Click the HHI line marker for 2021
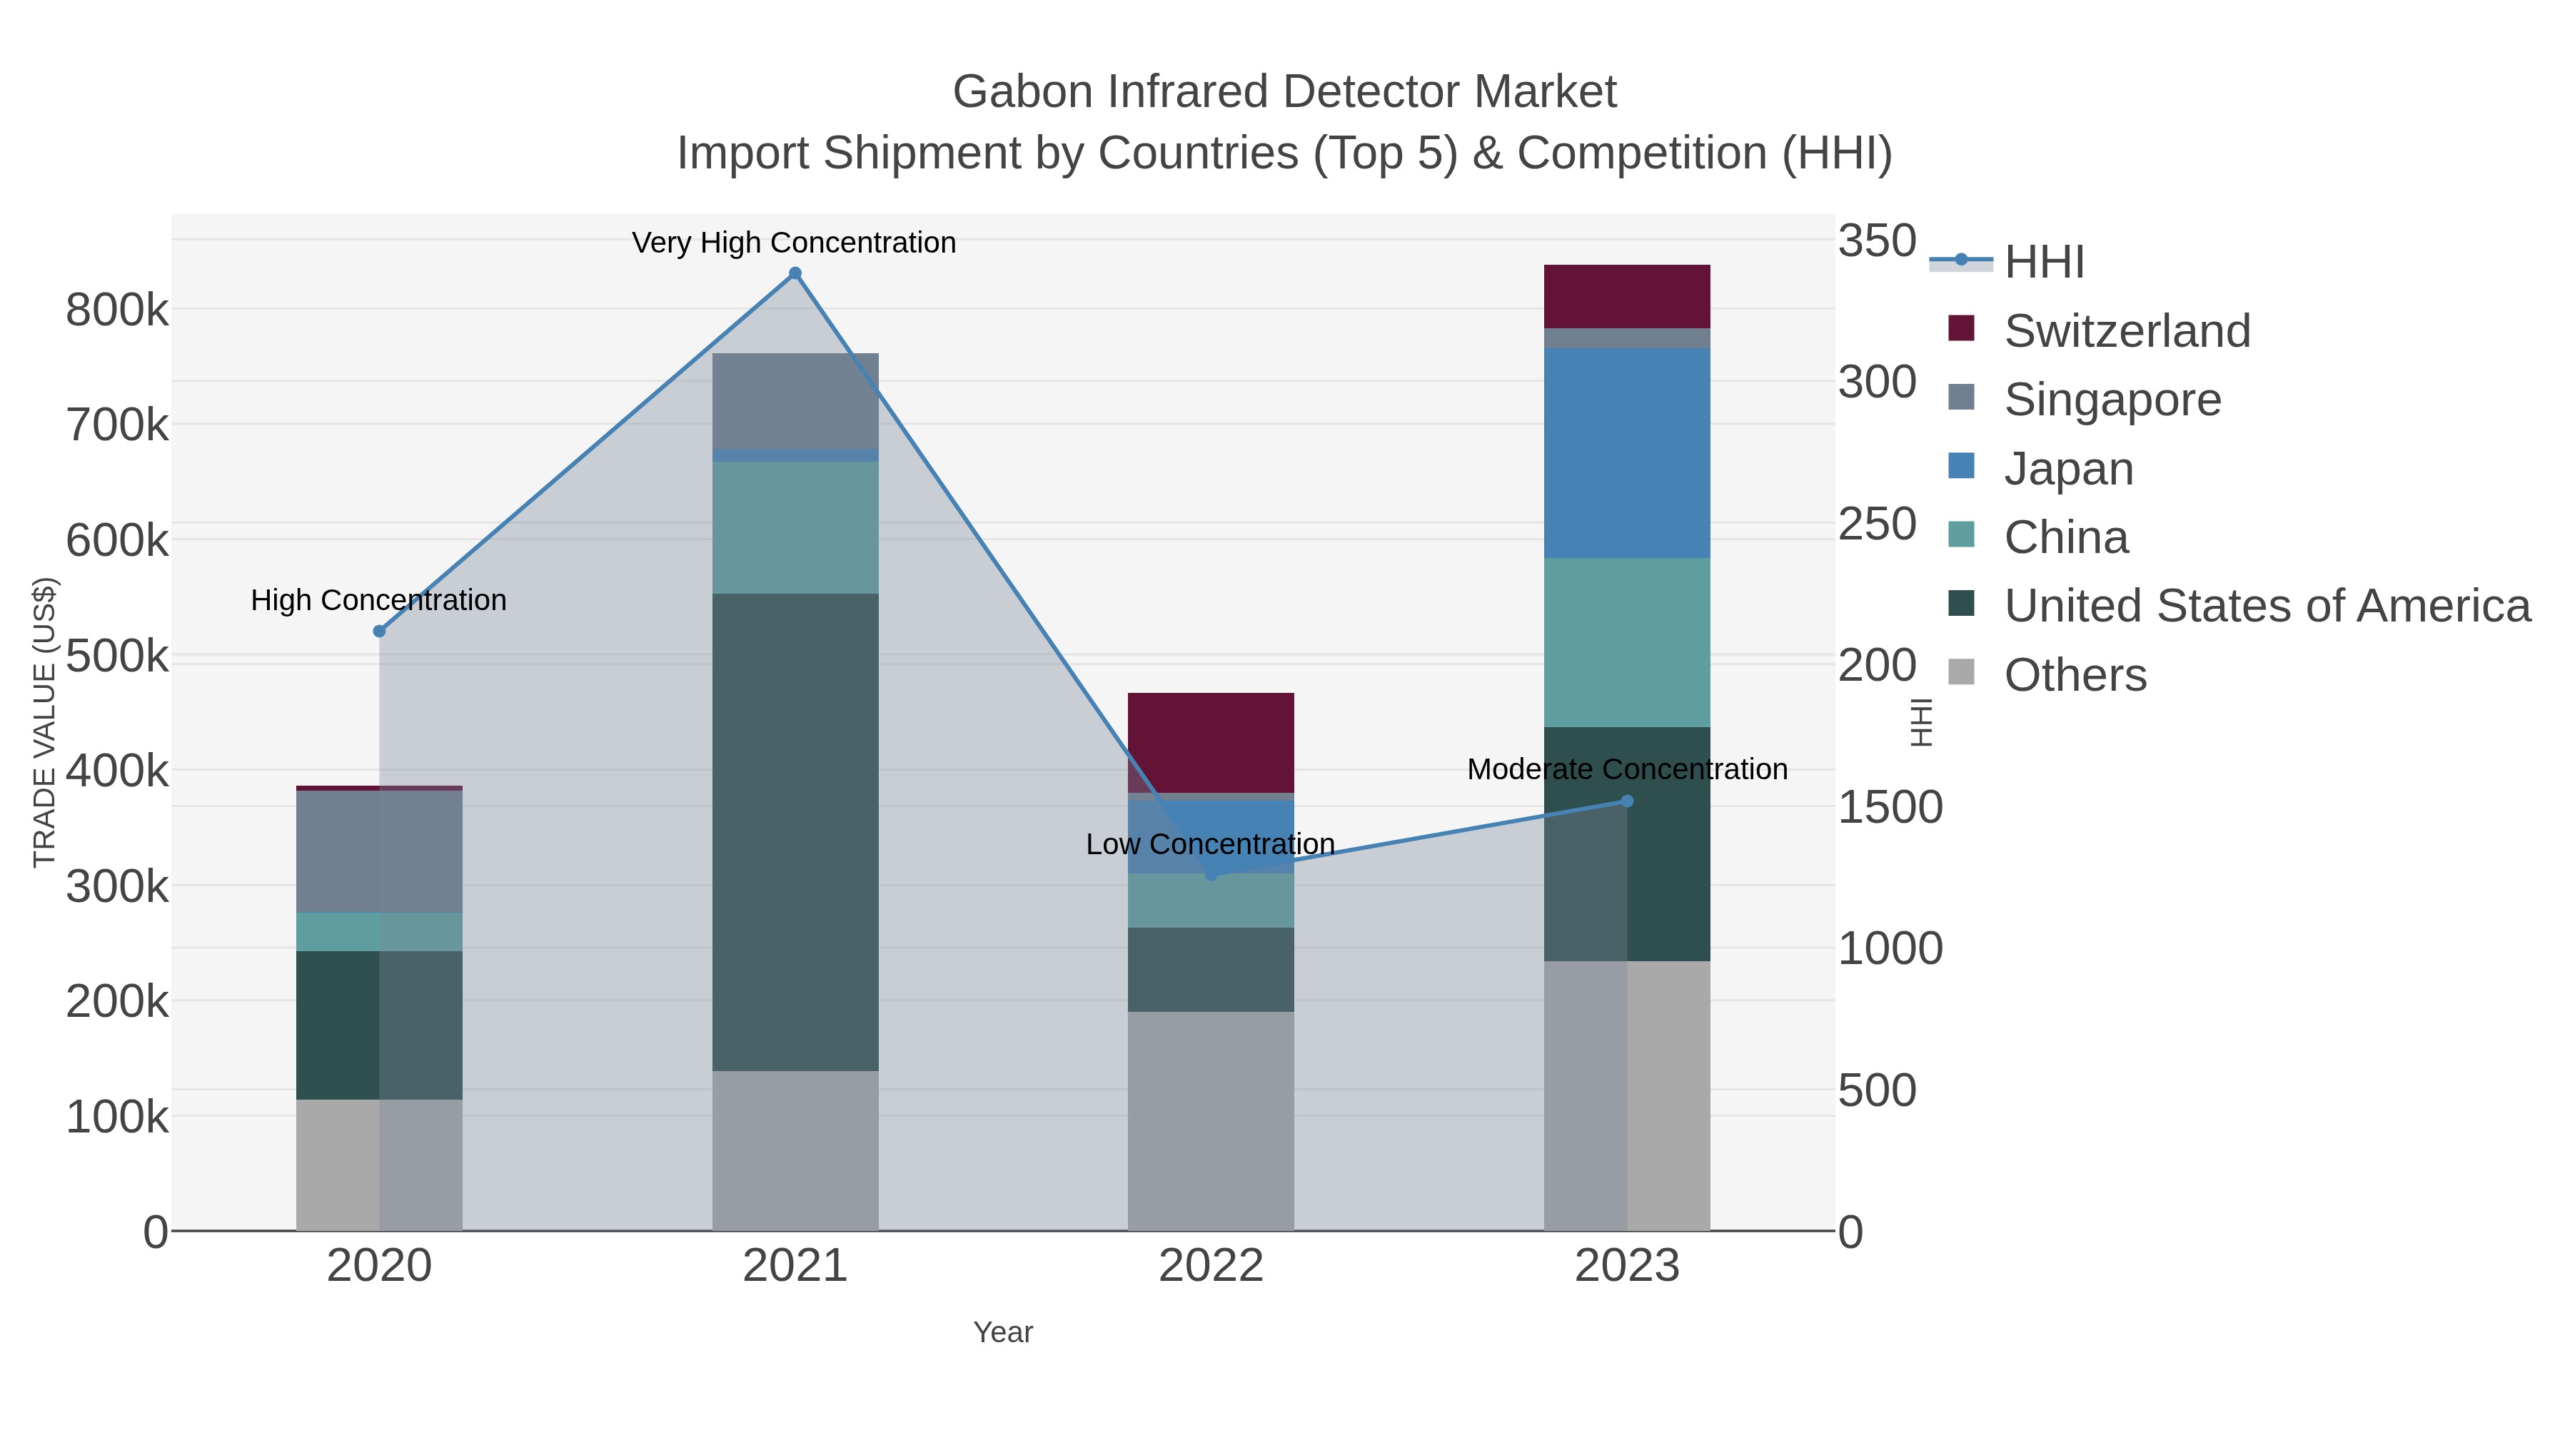tap(795, 273)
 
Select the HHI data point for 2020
tap(379, 632)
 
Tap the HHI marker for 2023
tap(1627, 801)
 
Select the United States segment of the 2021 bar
tap(795, 832)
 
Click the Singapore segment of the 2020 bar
tap(379, 851)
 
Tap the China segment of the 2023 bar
tap(1627, 642)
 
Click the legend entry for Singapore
tap(2112, 400)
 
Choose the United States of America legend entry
tap(2266, 607)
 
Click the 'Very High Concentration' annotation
tap(794, 243)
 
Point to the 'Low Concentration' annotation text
tap(1210, 845)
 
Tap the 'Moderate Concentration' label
tap(1627, 770)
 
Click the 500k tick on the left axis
tap(118, 657)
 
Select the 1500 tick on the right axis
tap(1890, 808)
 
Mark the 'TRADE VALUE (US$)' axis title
tap(45, 722)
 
